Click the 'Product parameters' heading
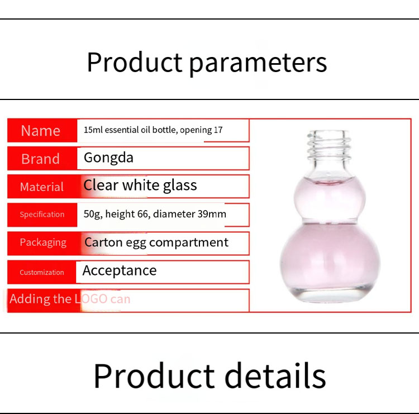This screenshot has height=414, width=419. click(x=207, y=62)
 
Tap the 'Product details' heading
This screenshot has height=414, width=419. click(x=209, y=375)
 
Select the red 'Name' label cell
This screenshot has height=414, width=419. click(x=41, y=131)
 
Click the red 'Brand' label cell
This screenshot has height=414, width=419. click(x=41, y=159)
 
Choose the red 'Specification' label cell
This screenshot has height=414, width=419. click(x=42, y=215)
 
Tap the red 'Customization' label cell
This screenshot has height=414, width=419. click(x=42, y=273)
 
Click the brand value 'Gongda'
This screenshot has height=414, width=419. click(x=108, y=158)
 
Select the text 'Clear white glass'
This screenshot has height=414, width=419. click(x=140, y=185)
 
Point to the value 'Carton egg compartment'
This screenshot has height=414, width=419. click(x=156, y=242)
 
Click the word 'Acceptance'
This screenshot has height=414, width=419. click(x=120, y=271)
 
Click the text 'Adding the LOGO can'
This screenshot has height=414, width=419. click(x=70, y=299)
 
